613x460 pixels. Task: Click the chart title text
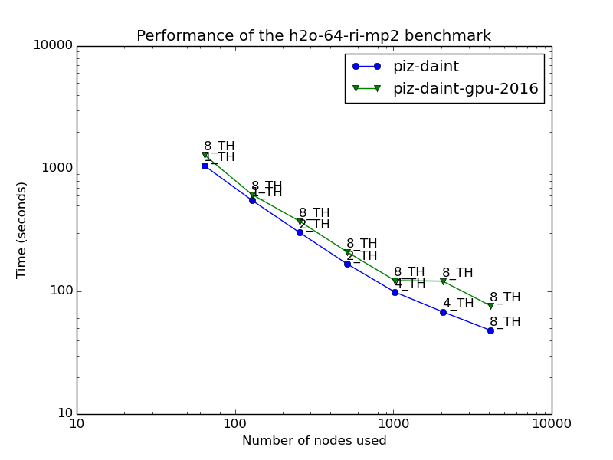313,36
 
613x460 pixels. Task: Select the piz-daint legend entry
425,67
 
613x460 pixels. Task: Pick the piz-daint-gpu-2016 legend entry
465,89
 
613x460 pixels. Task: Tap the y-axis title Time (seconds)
22,230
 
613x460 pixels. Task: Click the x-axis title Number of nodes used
314,441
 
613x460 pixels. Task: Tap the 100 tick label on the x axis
235,424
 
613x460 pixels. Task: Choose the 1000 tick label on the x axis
393,424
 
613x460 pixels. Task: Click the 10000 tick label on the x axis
551,424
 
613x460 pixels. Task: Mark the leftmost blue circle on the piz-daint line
205,166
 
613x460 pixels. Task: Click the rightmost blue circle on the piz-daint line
490,330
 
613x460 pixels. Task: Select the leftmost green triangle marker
205,156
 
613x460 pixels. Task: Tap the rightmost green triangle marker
490,306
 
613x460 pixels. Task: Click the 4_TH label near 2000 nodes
458,304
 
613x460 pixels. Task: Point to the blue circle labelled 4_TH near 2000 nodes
443,312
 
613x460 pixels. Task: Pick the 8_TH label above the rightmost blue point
505,322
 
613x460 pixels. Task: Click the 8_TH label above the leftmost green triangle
219,146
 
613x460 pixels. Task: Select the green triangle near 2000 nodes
443,281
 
